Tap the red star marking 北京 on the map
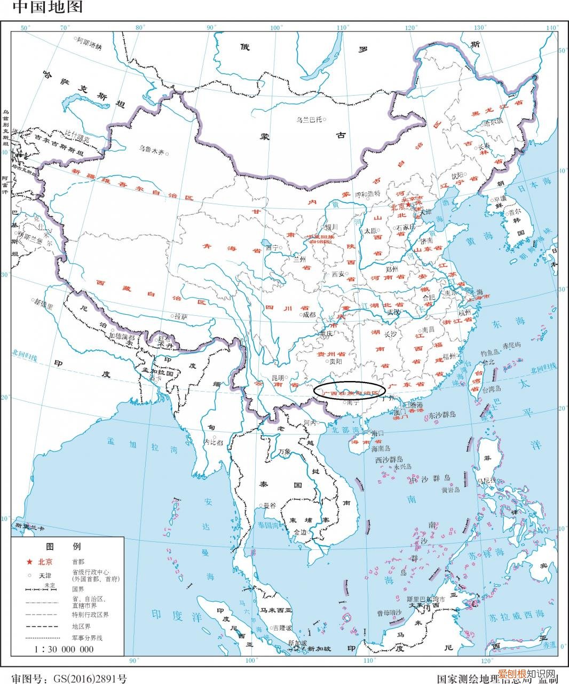(x=408, y=205)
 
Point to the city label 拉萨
(x=181, y=317)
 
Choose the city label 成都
(x=309, y=315)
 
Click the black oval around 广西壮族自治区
(x=349, y=391)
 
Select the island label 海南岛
(x=381, y=448)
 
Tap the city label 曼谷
(x=269, y=505)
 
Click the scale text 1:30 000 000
(x=64, y=649)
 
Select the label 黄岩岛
(x=451, y=489)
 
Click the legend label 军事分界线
(x=87, y=638)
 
